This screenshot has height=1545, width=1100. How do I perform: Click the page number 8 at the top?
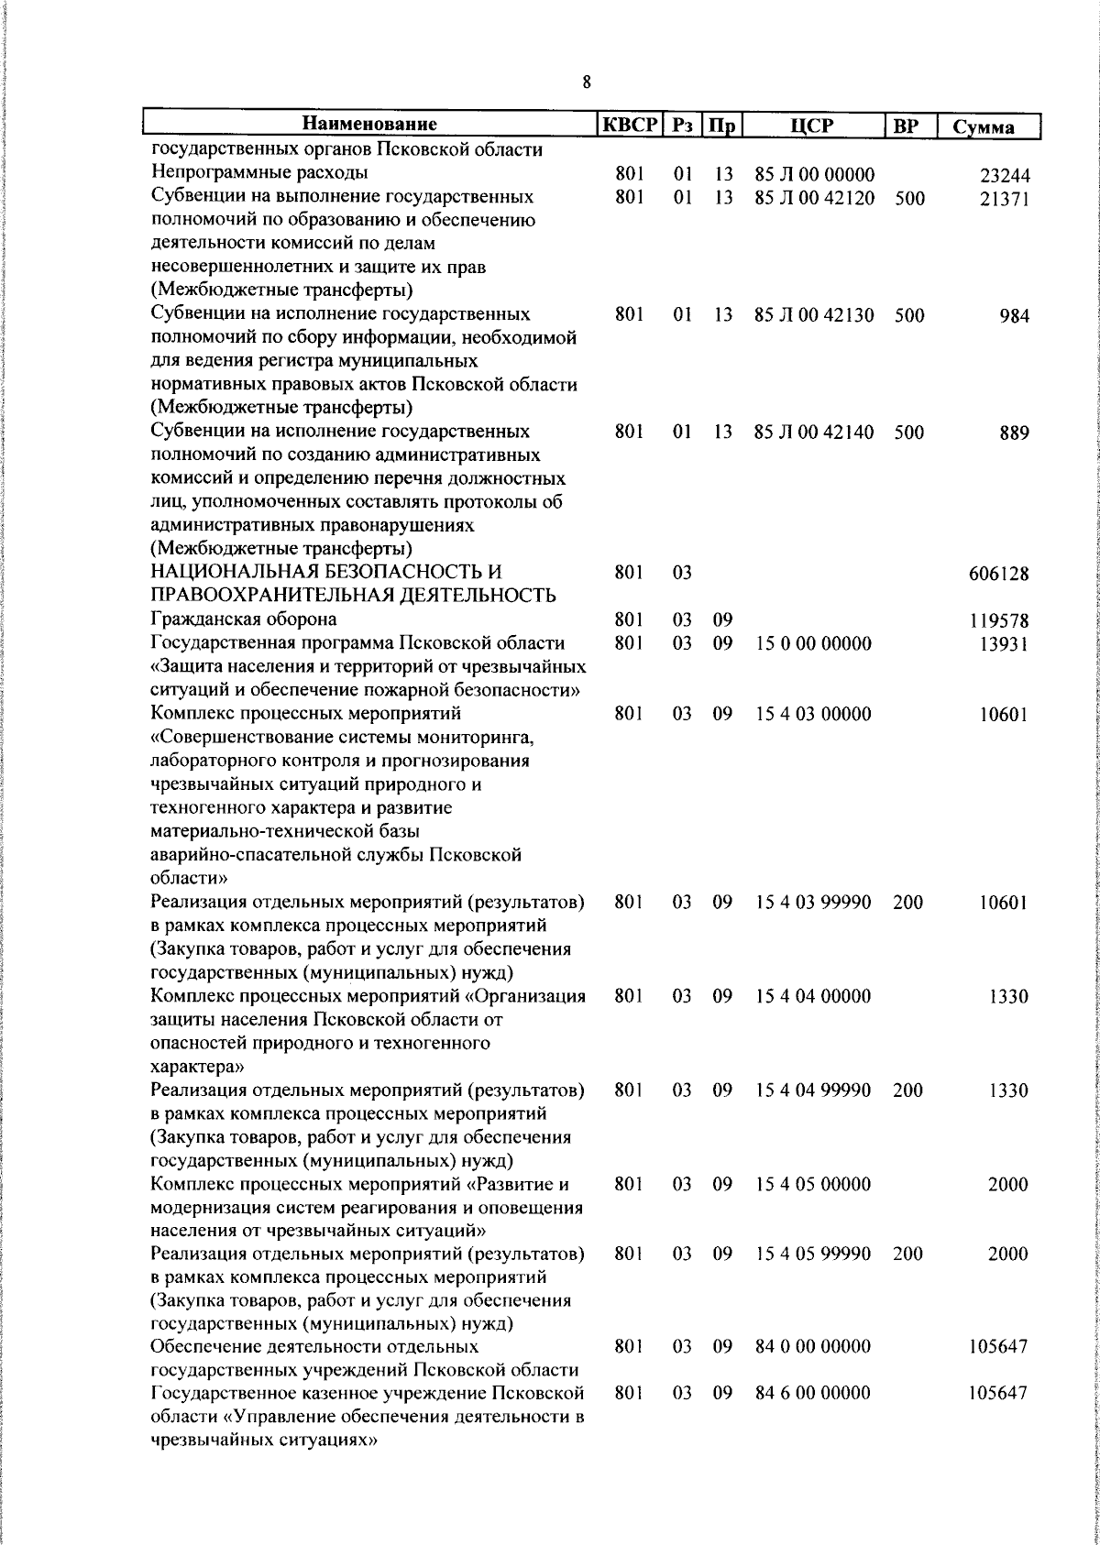click(587, 82)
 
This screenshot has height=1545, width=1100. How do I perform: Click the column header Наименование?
click(369, 125)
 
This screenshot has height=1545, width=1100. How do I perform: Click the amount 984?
click(1015, 317)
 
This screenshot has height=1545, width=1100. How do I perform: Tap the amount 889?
click(1015, 433)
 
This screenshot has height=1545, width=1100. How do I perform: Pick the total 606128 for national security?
click(998, 575)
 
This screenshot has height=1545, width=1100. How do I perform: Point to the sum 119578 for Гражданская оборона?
click(998, 622)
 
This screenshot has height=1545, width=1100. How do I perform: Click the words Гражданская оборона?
click(244, 619)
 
